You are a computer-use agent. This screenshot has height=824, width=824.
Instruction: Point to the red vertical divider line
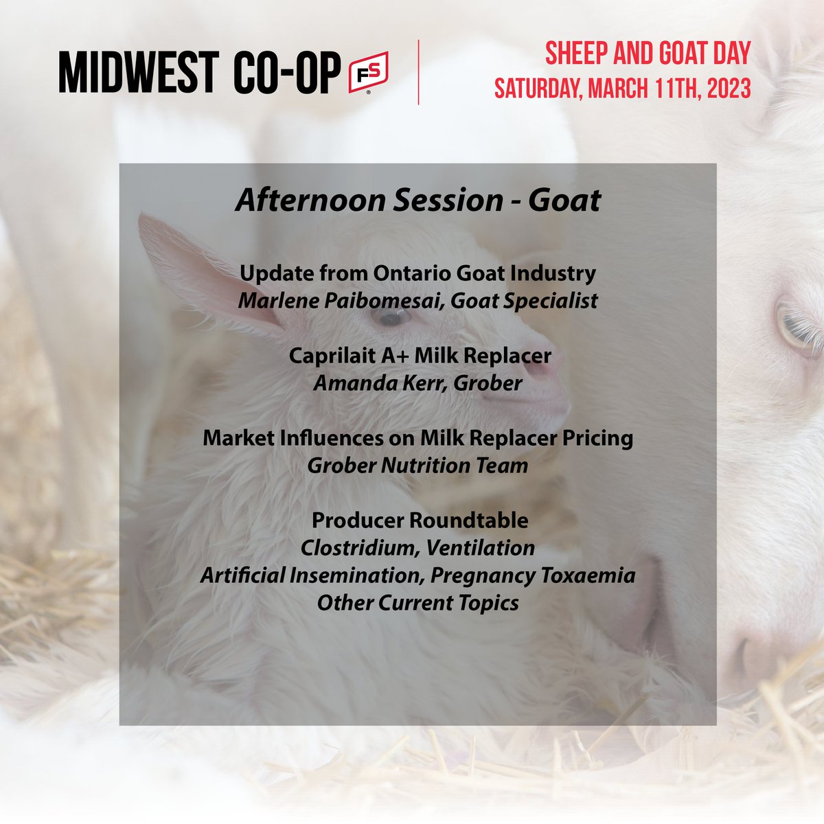pos(419,72)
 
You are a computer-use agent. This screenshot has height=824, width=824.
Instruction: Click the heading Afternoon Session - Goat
pos(417,200)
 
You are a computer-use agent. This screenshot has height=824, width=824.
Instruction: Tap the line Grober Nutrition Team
pos(417,466)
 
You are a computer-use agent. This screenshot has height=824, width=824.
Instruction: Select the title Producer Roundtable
pos(420,520)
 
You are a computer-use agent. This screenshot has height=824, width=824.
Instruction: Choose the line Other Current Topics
pos(417,603)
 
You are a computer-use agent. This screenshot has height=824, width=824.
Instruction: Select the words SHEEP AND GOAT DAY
pos(648,54)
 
